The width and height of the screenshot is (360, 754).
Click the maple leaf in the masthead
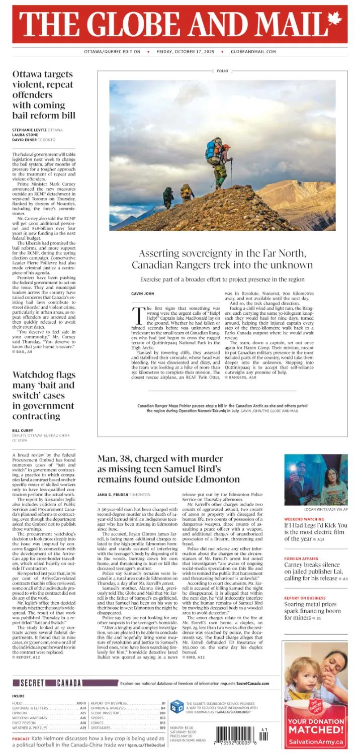pos(334,20)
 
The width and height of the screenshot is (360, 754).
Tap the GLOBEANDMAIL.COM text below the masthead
pos(253,52)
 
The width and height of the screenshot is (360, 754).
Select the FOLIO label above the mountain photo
pos(222,71)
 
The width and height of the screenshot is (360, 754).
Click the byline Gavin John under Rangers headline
pos(143,293)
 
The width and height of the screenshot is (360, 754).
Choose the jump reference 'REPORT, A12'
pos(28,657)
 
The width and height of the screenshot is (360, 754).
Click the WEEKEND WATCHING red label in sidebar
pos(304,519)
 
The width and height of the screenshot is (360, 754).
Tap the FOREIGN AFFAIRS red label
pos(301,558)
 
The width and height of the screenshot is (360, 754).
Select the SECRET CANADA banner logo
pos(47,683)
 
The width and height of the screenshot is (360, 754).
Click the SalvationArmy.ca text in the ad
pos(315,741)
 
